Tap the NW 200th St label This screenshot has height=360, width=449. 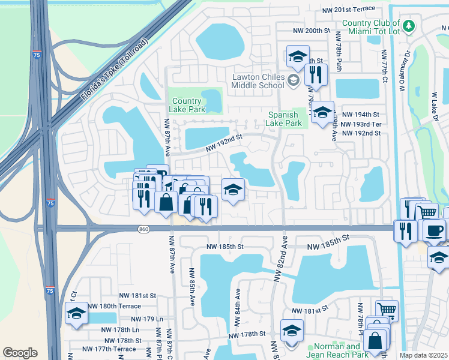coord(312,30)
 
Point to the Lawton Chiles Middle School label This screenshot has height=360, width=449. coord(258,81)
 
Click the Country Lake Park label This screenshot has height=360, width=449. coord(188,105)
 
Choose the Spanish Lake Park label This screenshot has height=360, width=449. coord(285,119)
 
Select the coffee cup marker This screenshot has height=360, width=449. coord(434,229)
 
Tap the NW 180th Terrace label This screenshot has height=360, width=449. coord(115,306)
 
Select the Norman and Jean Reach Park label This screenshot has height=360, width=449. coord(336,350)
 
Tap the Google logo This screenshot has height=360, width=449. coord(20,353)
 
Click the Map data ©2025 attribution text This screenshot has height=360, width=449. coord(424,355)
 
